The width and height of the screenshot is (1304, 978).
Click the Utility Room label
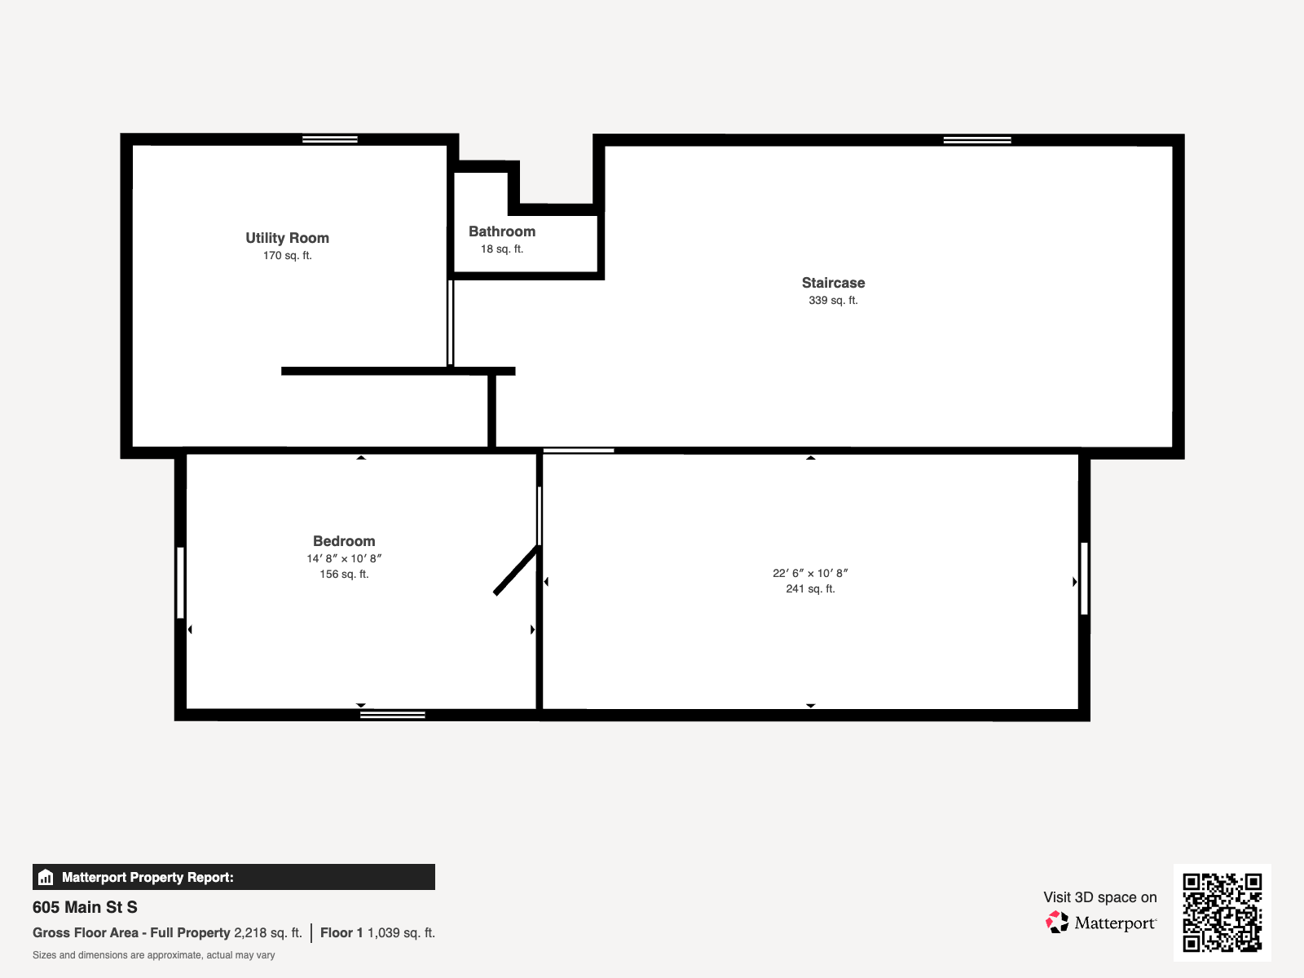coord(288,238)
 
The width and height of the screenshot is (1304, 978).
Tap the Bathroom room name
coord(502,231)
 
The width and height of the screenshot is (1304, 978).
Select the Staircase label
coord(833,283)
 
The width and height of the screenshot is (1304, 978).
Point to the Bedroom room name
coord(344,541)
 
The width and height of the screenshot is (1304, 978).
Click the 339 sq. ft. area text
coord(833,301)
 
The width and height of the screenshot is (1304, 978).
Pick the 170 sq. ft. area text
coord(288,256)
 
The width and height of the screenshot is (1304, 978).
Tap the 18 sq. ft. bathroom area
coord(502,249)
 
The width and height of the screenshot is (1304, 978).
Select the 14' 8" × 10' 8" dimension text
coord(344,559)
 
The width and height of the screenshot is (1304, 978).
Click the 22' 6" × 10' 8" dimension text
coord(810,573)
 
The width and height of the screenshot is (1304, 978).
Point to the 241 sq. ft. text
coord(810,589)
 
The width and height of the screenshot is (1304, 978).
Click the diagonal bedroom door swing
coord(516,570)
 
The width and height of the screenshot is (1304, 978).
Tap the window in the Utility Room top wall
coord(330,139)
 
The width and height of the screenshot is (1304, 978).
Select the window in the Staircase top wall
coord(977,140)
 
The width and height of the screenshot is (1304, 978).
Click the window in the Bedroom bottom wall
coord(393,715)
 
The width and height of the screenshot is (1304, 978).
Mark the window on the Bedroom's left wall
coord(181,583)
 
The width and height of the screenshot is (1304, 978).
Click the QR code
coord(1222,913)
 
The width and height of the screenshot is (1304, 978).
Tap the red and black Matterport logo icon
coord(1057,923)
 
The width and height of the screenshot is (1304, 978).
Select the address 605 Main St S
coord(85,907)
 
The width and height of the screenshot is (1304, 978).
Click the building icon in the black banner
coord(46,877)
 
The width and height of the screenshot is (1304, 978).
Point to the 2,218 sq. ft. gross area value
coord(268,933)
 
